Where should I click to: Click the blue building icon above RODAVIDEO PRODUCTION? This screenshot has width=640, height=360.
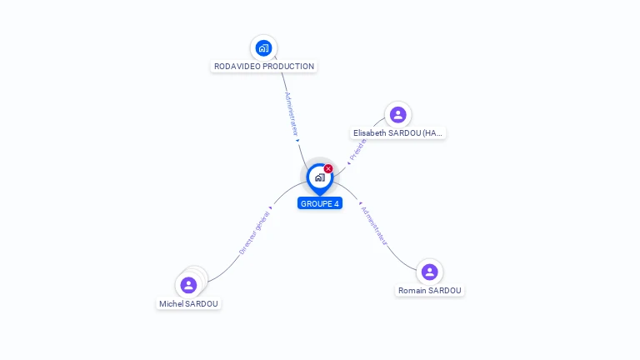[x=263, y=47]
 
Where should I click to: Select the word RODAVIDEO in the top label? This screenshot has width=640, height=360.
[x=237, y=67]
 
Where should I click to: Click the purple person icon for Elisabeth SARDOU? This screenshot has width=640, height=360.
[x=397, y=114]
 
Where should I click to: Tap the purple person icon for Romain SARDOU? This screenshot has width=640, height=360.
[x=429, y=272]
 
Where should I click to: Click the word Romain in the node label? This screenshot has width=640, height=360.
[x=412, y=291]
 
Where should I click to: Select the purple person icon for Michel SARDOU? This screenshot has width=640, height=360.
[x=188, y=285]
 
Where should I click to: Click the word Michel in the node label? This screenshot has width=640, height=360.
[x=171, y=304]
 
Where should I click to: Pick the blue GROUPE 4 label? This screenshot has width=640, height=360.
[x=320, y=203]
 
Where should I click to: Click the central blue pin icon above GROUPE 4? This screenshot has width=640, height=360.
[x=319, y=177]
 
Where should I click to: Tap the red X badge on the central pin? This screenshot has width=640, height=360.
[x=328, y=169]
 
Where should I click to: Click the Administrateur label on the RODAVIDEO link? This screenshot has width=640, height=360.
[x=291, y=113]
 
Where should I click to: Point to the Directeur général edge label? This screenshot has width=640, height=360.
[x=254, y=232]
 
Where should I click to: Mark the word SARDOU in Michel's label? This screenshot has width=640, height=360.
[x=201, y=304]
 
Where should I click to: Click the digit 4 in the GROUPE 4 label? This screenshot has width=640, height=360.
[x=337, y=203]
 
